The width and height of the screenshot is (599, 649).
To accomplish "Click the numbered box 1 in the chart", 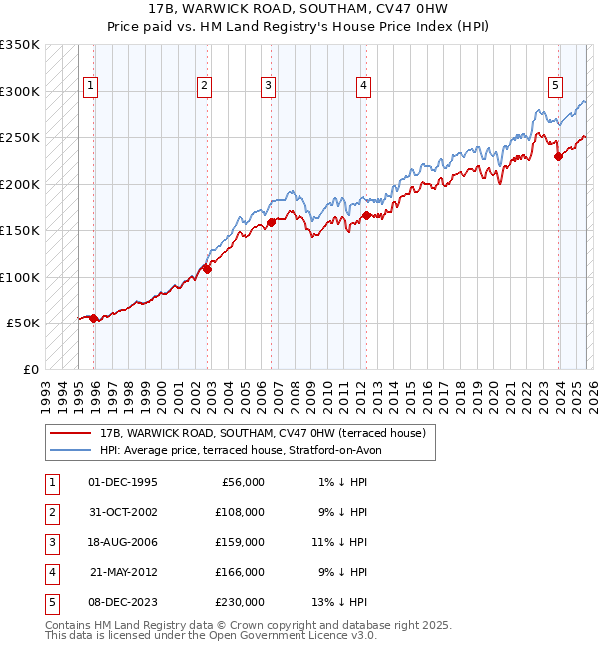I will tap(90, 86).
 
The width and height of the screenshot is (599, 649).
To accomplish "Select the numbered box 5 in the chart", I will tap(554, 86).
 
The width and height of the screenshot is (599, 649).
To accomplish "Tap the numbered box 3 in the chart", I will tap(269, 86).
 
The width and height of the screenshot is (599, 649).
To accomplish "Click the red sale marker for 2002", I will tap(207, 268).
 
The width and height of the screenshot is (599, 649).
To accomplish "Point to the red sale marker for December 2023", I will tap(558, 155).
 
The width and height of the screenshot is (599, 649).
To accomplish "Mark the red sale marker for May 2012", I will tap(366, 215).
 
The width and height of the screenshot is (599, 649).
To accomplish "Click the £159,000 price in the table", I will tap(241, 542).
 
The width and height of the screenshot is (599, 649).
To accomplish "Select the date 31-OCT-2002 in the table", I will tap(123, 512).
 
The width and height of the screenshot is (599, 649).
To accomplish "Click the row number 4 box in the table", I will tap(51, 572).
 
